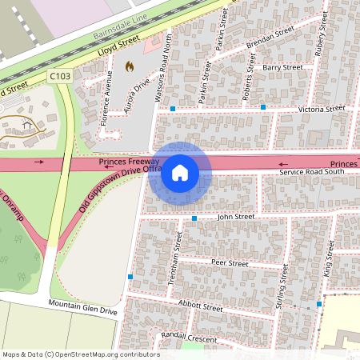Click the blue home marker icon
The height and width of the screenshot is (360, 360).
(x=180, y=173)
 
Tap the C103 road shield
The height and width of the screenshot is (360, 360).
(x=58, y=76)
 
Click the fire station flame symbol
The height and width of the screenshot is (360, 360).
(x=130, y=66)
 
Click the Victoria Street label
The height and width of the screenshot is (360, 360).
(x=320, y=108)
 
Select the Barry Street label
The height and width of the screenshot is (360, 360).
(x=282, y=69)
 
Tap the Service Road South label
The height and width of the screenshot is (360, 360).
(x=311, y=171)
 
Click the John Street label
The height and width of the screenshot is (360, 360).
(x=235, y=216)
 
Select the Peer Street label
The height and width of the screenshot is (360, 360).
(x=230, y=262)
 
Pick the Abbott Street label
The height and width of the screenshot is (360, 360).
(x=201, y=307)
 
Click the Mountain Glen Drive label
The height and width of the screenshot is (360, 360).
(x=82, y=307)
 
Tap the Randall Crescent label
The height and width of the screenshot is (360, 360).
(x=189, y=337)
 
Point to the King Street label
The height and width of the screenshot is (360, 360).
(x=328, y=262)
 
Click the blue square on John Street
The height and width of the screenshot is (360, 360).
(x=194, y=218)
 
